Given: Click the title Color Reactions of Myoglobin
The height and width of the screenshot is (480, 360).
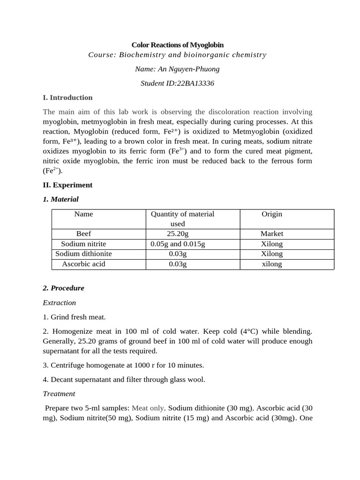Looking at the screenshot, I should (x=177, y=45).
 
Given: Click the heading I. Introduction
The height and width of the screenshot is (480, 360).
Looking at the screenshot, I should (x=67, y=97).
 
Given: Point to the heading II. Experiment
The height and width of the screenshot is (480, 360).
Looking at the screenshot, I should (x=67, y=185).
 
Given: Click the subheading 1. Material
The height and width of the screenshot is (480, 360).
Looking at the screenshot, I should (x=60, y=199).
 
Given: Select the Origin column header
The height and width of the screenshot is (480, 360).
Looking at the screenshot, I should (x=272, y=214).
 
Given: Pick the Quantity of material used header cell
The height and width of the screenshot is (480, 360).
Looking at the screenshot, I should (x=182, y=219).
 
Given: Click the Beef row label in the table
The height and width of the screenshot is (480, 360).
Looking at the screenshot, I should (x=84, y=233).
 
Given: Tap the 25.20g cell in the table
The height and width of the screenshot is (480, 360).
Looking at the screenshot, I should (x=178, y=233).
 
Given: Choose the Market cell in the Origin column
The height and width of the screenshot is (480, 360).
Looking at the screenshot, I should (x=272, y=233).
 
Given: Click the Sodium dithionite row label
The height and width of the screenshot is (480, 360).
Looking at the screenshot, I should (x=84, y=254).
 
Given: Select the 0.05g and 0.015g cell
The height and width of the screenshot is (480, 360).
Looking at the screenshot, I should (x=178, y=244).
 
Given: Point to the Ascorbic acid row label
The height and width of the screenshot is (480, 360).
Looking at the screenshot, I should (x=84, y=264).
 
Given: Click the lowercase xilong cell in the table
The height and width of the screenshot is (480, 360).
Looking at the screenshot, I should (x=272, y=264).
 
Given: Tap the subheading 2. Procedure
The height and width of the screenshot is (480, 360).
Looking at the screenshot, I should (x=63, y=288).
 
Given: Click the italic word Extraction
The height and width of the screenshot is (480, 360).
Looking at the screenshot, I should (x=59, y=303).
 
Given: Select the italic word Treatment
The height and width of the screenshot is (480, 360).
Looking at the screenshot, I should (x=59, y=394).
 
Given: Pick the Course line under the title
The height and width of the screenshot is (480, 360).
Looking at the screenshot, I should (x=177, y=55).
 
